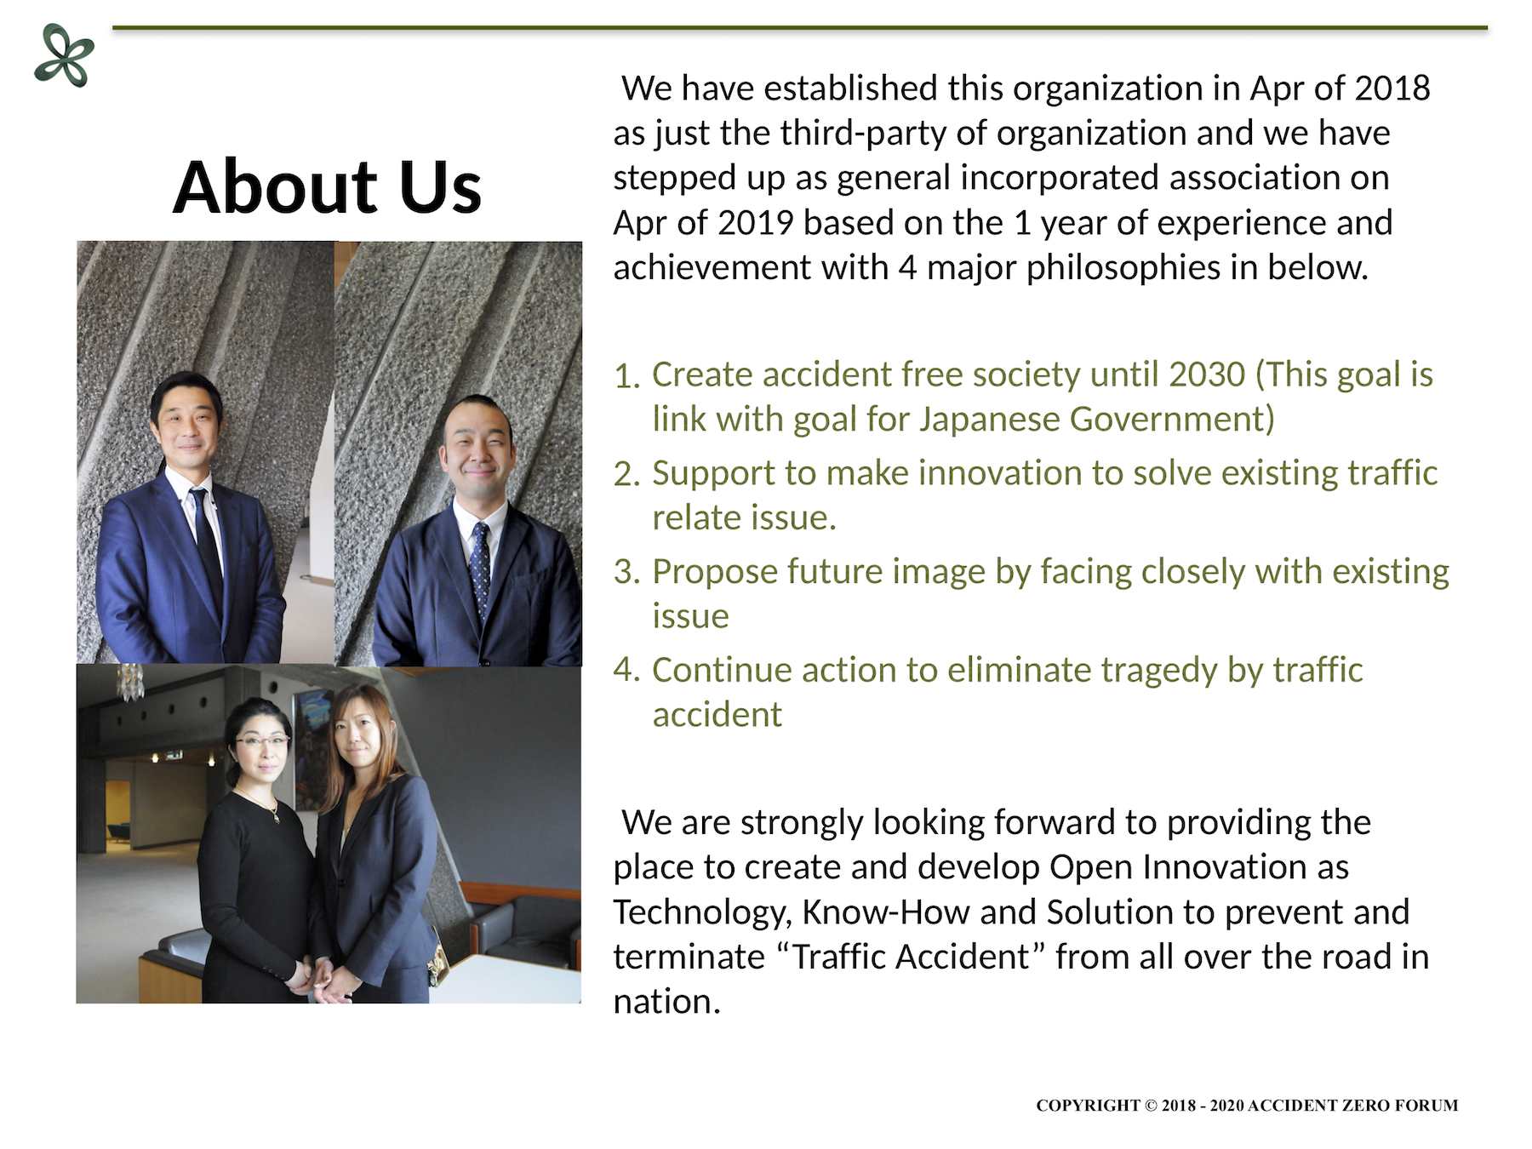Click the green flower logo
(65, 56)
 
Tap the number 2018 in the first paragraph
(1392, 89)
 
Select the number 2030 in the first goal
(1207, 374)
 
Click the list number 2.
(626, 475)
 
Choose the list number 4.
(626, 671)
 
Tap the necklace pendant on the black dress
(275, 818)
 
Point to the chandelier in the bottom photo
(129, 682)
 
